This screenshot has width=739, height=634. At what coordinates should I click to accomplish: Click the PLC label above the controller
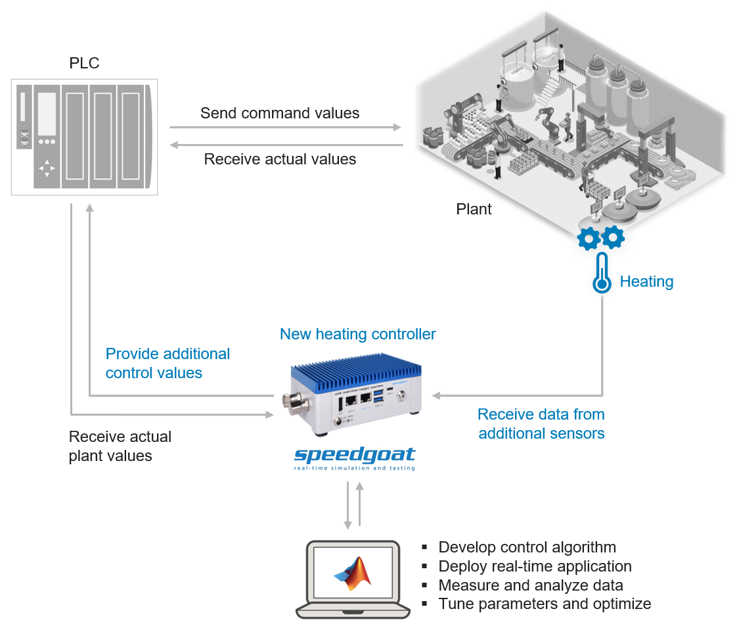pyautogui.click(x=84, y=63)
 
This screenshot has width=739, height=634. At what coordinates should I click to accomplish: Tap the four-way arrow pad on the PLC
pyautogui.click(x=47, y=168)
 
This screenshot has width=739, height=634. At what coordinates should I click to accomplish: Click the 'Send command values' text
pyautogui.click(x=280, y=113)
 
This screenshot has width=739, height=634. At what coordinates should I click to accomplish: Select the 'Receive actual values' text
pyautogui.click(x=280, y=159)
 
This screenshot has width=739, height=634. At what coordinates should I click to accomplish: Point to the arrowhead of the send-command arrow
pyautogui.click(x=397, y=127)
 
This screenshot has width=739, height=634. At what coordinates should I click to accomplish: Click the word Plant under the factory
pyautogui.click(x=474, y=209)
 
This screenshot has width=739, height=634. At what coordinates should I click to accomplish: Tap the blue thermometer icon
pyautogui.click(x=601, y=275)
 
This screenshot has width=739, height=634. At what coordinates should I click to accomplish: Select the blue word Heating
pyautogui.click(x=646, y=281)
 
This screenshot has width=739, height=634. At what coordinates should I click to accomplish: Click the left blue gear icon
pyautogui.click(x=588, y=239)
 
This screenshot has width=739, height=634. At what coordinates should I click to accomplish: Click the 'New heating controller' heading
pyautogui.click(x=357, y=334)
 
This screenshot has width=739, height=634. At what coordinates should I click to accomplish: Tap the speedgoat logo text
pyautogui.click(x=355, y=455)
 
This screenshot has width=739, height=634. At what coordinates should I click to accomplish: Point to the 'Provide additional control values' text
pyautogui.click(x=168, y=363)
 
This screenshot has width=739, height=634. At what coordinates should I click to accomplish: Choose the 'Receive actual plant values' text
pyautogui.click(x=120, y=446)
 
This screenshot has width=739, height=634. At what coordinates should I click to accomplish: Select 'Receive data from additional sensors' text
pyautogui.click(x=541, y=424)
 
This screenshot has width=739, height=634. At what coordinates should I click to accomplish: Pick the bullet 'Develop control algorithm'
pyautogui.click(x=527, y=547)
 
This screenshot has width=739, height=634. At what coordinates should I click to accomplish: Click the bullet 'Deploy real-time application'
pyautogui.click(x=535, y=566)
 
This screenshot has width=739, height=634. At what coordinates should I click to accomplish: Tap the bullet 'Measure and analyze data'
pyautogui.click(x=531, y=585)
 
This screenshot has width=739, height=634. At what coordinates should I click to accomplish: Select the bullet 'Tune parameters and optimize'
pyautogui.click(x=545, y=604)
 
